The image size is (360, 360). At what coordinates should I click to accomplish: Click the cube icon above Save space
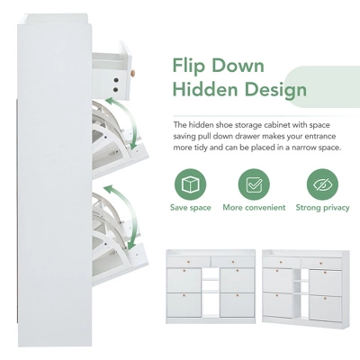coord(190,184)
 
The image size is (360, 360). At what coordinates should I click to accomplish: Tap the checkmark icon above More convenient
coord(255,184)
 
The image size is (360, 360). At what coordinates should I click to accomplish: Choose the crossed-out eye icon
coord(321,184)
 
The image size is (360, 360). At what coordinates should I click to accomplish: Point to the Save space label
coord(190,208)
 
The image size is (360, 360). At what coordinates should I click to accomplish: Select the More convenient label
coord(255,208)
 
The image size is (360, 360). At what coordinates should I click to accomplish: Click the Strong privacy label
coord(321,208)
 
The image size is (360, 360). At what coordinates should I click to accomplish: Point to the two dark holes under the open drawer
coord(116,86)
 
